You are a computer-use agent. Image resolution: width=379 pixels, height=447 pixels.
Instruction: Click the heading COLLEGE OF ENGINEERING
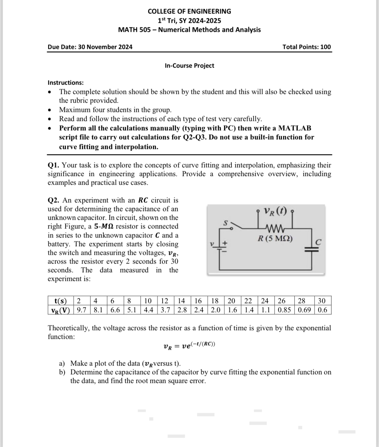click(189, 11)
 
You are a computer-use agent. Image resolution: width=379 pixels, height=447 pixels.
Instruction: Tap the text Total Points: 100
click(306, 47)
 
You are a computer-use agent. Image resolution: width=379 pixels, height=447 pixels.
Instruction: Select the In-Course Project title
click(189, 66)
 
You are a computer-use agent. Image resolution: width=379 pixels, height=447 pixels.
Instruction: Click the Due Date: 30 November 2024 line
click(90, 47)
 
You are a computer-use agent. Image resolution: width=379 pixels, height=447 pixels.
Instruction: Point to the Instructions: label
click(66, 83)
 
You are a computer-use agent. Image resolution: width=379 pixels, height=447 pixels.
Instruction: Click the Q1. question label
click(54, 165)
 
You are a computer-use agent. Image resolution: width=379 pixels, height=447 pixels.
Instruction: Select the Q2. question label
click(54, 200)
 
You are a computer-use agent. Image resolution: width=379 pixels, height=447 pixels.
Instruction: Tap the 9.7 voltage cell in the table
click(82, 310)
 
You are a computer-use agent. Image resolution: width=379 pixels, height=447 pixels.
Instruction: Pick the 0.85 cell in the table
click(284, 310)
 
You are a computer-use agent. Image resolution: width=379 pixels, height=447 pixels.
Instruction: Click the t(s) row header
click(60, 301)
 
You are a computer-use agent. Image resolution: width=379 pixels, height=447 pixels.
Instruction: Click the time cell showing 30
click(322, 301)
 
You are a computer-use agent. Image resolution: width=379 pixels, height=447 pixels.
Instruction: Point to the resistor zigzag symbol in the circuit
click(275, 229)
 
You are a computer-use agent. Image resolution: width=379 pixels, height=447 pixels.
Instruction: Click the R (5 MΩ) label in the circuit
click(275, 239)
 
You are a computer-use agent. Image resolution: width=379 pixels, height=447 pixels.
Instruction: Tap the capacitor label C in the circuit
click(318, 242)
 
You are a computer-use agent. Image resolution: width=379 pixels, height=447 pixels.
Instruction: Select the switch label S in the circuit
click(226, 222)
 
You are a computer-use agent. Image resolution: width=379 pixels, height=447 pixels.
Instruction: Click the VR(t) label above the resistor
click(275, 211)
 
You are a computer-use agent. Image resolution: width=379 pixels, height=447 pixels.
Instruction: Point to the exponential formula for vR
click(189, 346)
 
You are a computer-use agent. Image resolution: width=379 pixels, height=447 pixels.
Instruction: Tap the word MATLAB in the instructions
click(294, 128)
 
